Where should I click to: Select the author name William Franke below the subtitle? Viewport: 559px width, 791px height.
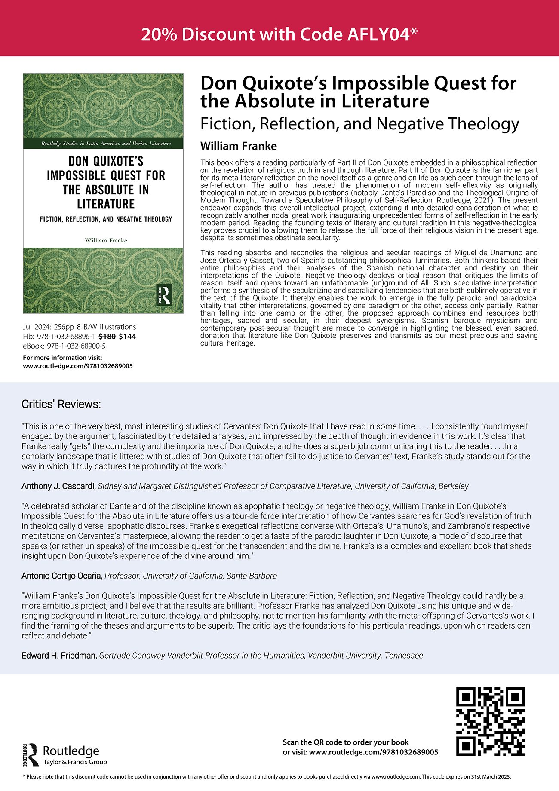[x=238, y=146]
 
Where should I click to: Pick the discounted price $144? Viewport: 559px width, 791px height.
[x=127, y=337]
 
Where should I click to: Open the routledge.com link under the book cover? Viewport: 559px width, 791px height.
[x=77, y=366]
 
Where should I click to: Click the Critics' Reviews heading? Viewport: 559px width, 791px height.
[x=61, y=404]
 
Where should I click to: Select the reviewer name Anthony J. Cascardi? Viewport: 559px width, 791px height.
[x=58, y=486]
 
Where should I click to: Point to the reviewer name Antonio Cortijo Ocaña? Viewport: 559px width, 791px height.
[x=62, y=576]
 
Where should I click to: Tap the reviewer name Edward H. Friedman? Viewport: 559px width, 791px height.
[x=59, y=656]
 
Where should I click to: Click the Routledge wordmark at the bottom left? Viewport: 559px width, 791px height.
[x=71, y=751]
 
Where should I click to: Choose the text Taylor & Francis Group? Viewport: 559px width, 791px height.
[x=75, y=762]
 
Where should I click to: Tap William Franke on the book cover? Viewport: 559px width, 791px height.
[x=106, y=240]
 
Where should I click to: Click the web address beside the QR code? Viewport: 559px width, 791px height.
[x=374, y=752]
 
